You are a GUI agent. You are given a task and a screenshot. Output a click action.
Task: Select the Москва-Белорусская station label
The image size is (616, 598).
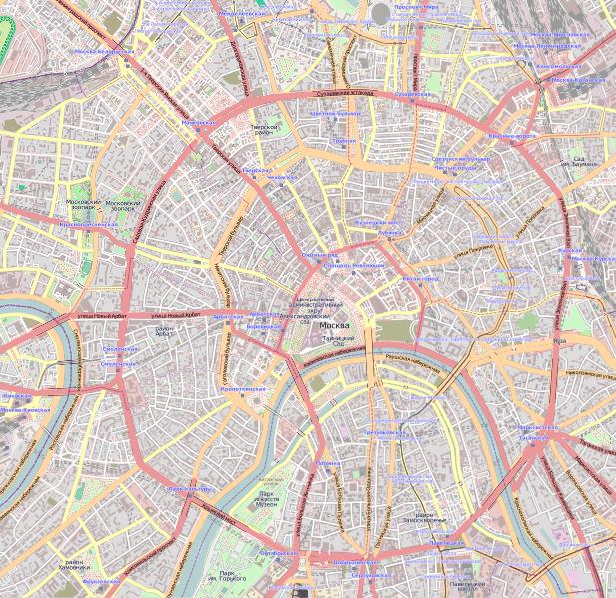[x=103, y=50]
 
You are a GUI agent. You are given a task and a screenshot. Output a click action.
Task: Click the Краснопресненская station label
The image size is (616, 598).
[x=89, y=225]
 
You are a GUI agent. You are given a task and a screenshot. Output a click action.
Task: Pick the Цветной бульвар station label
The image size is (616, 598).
[x=333, y=114]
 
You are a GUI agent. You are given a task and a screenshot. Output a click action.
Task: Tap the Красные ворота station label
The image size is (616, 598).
[x=512, y=135]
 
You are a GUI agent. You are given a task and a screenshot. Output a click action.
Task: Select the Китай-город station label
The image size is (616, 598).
[x=419, y=279]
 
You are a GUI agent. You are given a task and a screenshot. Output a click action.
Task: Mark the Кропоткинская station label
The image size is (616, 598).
[x=242, y=388]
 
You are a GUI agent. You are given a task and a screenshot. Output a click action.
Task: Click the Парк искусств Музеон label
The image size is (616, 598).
[x=267, y=499]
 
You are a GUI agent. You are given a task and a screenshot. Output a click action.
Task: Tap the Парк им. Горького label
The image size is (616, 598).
[x=233, y=576]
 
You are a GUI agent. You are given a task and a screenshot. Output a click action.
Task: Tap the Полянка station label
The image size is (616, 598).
[x=329, y=463]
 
